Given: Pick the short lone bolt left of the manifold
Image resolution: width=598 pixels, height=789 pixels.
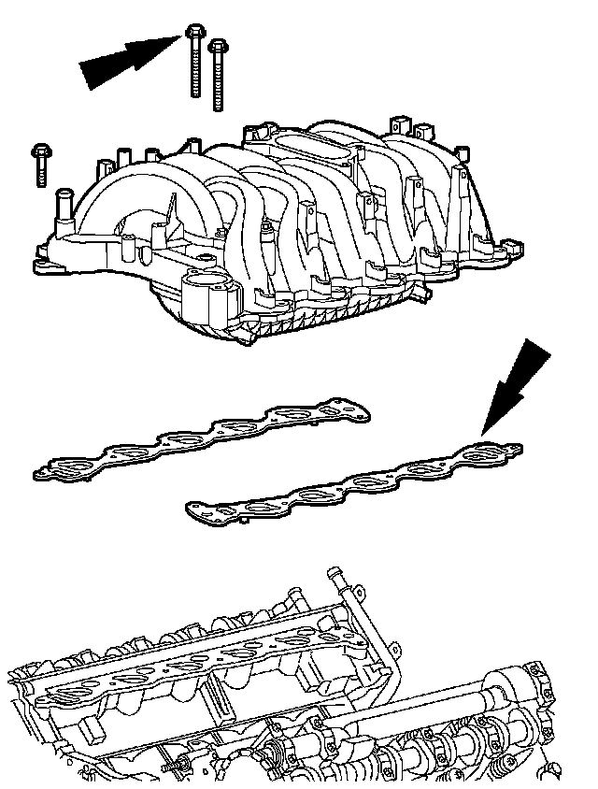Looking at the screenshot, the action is (x=41, y=163).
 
